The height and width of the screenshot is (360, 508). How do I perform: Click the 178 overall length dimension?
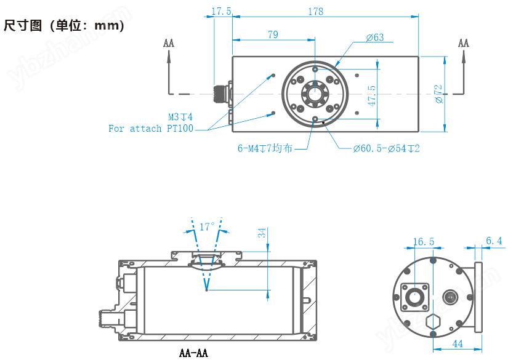point(315,12)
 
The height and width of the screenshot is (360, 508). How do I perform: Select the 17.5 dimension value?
point(221,12)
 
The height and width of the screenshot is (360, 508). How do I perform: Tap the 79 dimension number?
point(273,35)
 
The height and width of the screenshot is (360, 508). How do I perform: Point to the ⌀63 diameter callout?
point(374,38)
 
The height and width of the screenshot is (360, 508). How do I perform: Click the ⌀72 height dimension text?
point(438,94)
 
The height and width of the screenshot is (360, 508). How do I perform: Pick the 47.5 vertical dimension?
point(371,95)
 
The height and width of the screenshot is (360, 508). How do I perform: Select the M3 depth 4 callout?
point(180,116)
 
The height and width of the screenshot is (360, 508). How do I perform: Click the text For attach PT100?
point(150,129)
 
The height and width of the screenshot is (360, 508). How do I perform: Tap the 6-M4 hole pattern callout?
point(265,148)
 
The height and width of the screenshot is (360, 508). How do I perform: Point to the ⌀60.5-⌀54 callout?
point(386,148)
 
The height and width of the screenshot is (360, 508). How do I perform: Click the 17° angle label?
point(207,226)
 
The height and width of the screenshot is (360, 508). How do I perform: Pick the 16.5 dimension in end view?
point(423,242)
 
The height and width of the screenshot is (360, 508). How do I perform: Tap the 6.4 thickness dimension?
point(494,241)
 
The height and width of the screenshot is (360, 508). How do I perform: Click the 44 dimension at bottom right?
point(458,343)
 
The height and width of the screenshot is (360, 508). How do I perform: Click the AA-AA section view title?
point(193,353)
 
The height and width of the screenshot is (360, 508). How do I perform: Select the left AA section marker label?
point(169,43)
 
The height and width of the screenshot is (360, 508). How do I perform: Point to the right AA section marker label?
point(464,43)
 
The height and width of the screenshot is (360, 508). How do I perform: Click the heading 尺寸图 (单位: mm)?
point(64,26)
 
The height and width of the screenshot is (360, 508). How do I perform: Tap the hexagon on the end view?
point(435,322)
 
